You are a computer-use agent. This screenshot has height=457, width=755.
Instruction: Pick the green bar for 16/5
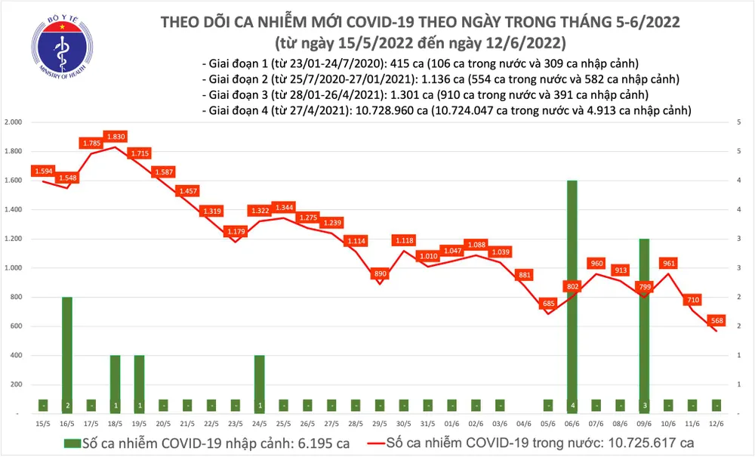pos(67,355)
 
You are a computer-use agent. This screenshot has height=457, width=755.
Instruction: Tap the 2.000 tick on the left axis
pos(15,122)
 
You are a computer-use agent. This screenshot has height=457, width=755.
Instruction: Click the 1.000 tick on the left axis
pos(15,268)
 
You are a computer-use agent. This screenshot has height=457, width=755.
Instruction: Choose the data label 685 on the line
pos(548,304)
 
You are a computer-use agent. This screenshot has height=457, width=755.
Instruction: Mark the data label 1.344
pos(284,207)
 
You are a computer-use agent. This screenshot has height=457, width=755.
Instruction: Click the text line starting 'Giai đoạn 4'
pos(447,110)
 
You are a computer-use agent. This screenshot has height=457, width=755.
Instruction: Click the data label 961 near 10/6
pos(668,264)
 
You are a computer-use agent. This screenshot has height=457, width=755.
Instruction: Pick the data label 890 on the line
pos(380,273)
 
